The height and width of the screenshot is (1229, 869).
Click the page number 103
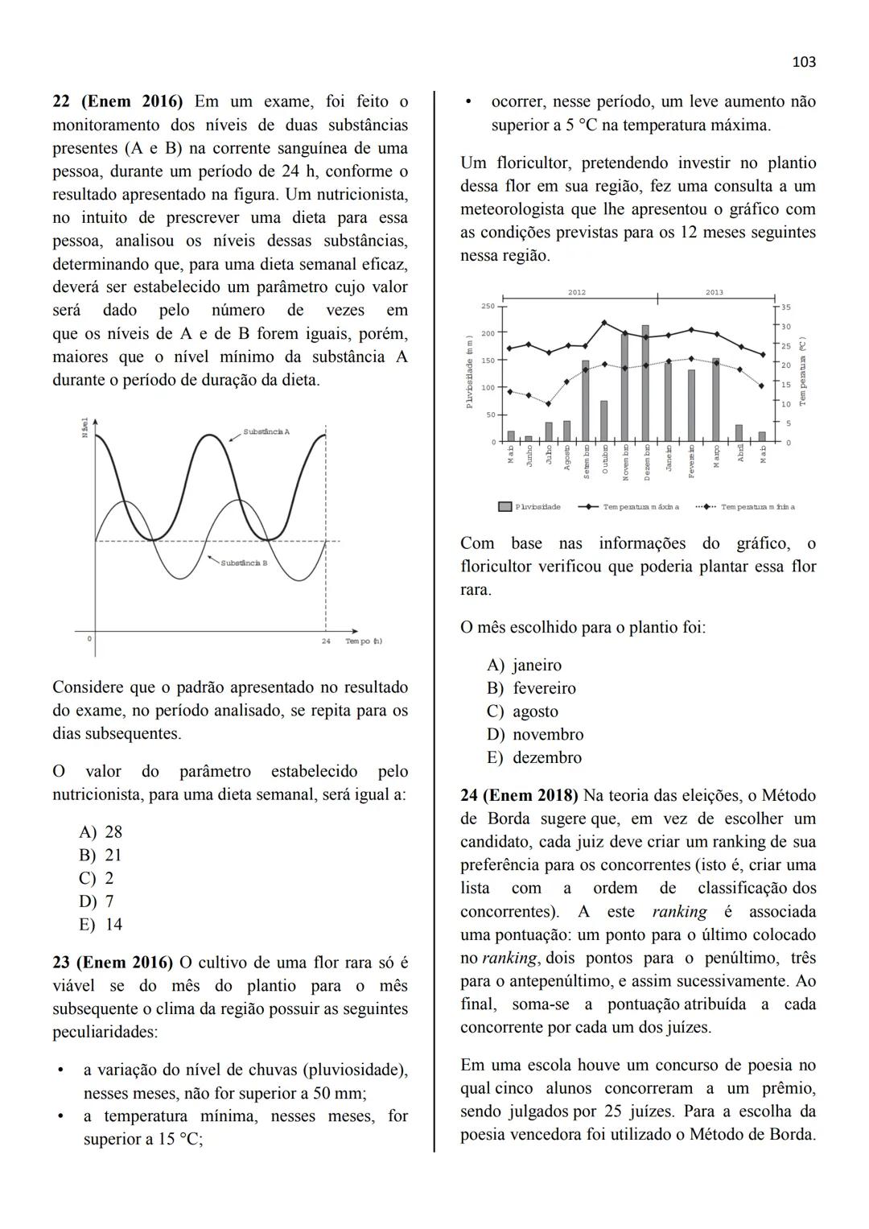point(804,62)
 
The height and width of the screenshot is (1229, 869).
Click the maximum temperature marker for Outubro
point(604,323)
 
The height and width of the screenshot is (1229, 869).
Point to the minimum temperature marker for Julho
point(548,404)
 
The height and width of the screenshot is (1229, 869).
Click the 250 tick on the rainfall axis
point(488,307)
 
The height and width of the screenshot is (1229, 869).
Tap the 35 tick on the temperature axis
point(786,307)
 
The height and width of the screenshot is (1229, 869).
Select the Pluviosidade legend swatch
point(505,507)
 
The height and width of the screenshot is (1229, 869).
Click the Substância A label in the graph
point(266,432)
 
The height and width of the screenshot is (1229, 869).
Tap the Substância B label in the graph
point(244,563)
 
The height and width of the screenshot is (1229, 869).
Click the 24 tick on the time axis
point(326,641)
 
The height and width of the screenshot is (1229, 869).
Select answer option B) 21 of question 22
point(101,856)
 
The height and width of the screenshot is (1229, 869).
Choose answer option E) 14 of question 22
point(101,925)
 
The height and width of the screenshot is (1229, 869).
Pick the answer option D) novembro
point(535,735)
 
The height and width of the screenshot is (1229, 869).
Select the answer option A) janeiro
point(525,666)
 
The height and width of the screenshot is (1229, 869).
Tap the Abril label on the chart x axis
point(740,455)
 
